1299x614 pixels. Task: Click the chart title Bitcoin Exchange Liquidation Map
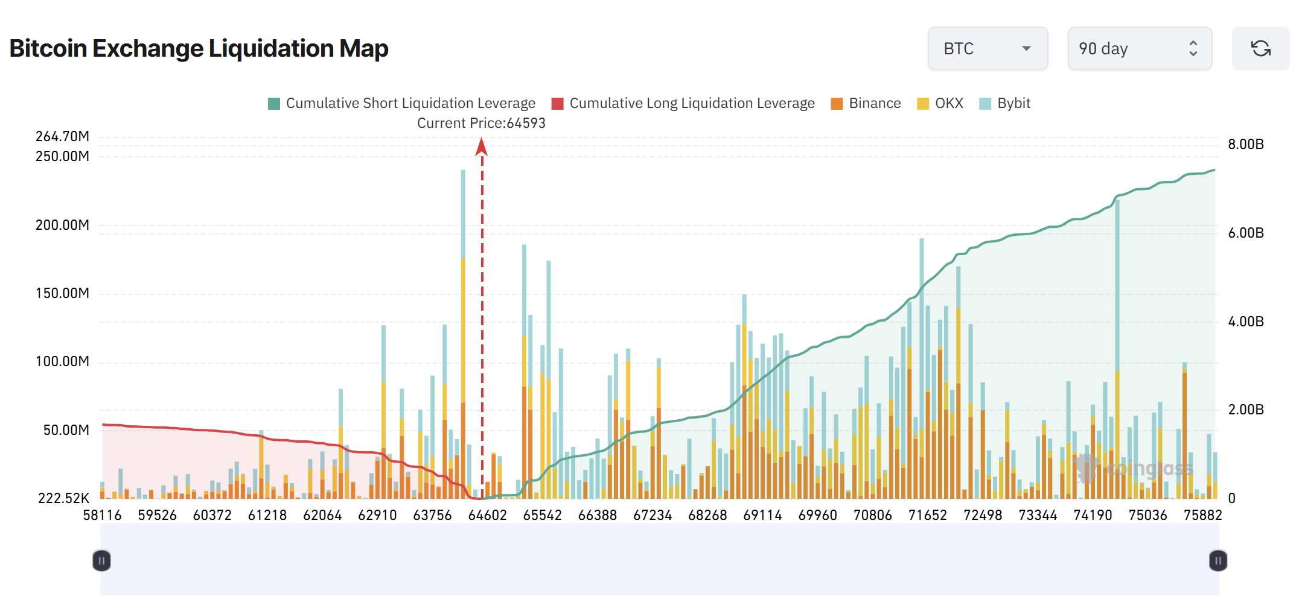(199, 48)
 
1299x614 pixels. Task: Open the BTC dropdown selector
(988, 48)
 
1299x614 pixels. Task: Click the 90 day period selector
(1139, 48)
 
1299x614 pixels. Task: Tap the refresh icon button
(1260, 48)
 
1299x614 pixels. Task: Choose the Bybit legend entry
(1005, 103)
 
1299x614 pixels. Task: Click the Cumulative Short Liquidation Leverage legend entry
(401, 103)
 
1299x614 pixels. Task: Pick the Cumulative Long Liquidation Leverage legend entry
(683, 103)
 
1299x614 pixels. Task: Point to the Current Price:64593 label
(481, 123)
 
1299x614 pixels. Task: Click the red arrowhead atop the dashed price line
(481, 146)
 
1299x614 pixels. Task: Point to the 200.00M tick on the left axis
(62, 225)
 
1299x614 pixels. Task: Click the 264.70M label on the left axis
(62, 136)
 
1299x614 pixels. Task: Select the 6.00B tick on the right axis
(1245, 233)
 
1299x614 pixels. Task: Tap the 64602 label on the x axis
(487, 515)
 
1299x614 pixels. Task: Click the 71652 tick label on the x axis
(927, 515)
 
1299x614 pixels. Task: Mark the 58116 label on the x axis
(102, 515)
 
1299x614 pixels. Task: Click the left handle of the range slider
(101, 561)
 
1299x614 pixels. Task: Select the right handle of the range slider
(1218, 561)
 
